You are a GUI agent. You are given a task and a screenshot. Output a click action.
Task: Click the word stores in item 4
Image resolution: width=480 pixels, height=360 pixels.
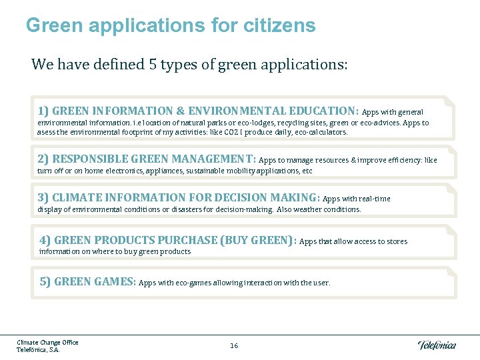tap(395, 241)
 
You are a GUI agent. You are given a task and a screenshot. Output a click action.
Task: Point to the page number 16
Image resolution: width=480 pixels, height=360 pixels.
tap(234, 345)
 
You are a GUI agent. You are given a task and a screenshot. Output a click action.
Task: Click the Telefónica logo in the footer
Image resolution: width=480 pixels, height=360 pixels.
tap(437, 345)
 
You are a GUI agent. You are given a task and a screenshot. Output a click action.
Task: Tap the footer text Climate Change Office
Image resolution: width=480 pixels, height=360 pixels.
tap(47, 342)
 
